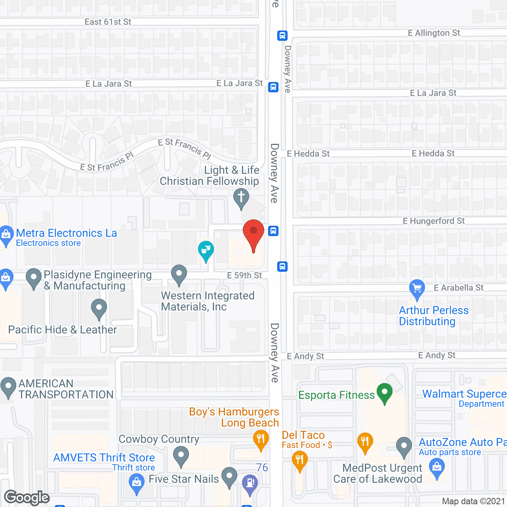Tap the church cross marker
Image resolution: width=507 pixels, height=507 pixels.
pos(241,197)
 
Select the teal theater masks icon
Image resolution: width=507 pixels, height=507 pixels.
pos(206,250)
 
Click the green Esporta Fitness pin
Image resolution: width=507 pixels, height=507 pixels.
pos(384,393)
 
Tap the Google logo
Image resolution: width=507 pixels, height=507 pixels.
pos(27,497)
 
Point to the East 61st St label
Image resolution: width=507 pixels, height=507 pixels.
pos(108,22)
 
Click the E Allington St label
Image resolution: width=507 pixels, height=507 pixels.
pos(434,33)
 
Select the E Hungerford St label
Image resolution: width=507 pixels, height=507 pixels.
pos(434,221)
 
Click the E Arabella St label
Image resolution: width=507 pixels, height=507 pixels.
pos(458,288)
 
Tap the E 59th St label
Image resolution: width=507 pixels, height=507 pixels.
pos(244,275)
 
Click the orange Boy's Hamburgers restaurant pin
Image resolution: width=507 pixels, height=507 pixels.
pos(261,439)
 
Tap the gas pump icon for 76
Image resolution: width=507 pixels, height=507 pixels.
pos(250,483)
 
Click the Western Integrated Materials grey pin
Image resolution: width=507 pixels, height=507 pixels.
pos(179,274)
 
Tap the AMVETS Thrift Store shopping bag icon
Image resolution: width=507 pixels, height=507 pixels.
pos(137,483)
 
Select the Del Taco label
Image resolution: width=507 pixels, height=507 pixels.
pos(303,435)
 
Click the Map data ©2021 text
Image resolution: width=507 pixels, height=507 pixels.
pos(473,501)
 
